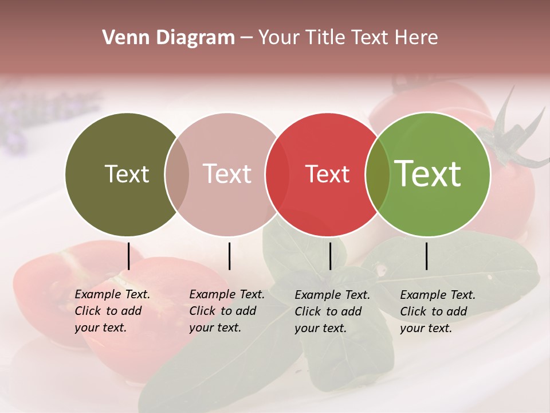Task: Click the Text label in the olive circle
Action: tap(127, 174)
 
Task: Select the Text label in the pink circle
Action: tap(227, 174)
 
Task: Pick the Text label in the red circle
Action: tap(327, 174)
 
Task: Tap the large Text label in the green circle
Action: tap(428, 173)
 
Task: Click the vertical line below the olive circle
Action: tap(128, 256)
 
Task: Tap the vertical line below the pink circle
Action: tap(229, 256)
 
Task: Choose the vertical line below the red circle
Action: tap(330, 256)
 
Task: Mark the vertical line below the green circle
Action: tap(426, 256)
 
